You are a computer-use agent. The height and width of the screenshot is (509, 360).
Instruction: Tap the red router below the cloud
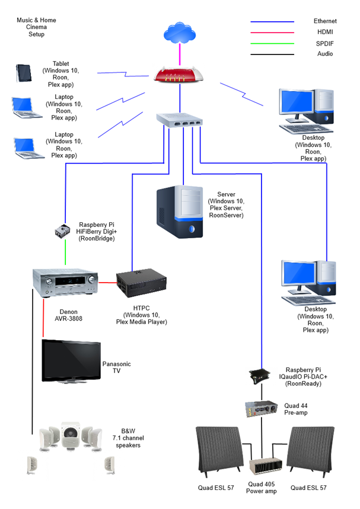pyautogui.click(x=179, y=74)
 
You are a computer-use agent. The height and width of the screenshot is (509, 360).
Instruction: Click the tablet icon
pyautogui.click(x=23, y=73)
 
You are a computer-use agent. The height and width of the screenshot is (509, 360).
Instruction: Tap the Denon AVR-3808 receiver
pyautogui.click(x=65, y=282)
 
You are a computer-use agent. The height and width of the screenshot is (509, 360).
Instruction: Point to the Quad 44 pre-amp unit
pyautogui.click(x=261, y=408)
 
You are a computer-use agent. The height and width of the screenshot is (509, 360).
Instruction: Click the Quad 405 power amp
pyautogui.click(x=262, y=467)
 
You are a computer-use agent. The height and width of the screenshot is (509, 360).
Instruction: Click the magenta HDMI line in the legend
pyautogui.click(x=272, y=32)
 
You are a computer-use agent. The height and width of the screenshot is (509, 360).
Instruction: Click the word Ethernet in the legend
pyautogui.click(x=325, y=21)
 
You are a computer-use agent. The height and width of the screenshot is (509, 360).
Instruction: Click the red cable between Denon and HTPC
pyautogui.click(x=107, y=283)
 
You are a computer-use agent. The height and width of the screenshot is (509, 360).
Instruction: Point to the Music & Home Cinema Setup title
pyautogui.click(x=37, y=27)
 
